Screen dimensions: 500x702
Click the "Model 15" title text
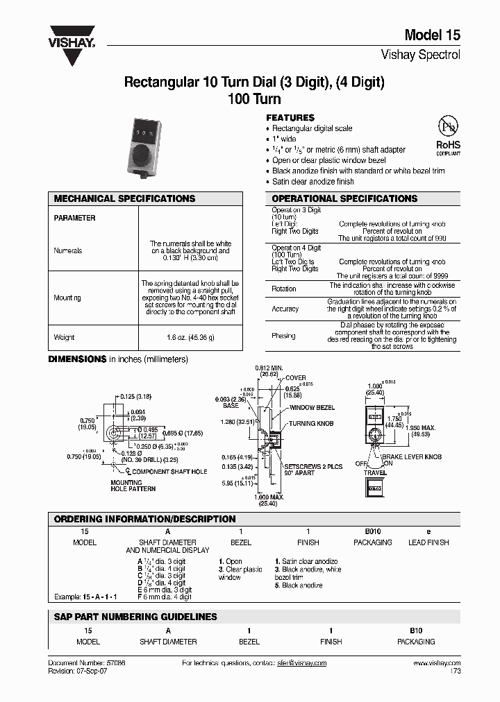tap(432, 36)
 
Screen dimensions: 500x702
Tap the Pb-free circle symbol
tap(448, 126)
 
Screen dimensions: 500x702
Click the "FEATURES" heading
tap(290, 118)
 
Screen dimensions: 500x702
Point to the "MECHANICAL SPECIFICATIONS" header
tap(125, 198)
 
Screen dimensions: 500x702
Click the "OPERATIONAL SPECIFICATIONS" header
tap(344, 198)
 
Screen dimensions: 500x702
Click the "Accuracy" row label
tap(285, 309)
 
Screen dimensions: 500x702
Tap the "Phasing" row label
tap(283, 336)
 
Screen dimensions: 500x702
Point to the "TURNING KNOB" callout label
tap(311, 423)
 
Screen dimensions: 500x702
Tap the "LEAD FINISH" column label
tap(428, 542)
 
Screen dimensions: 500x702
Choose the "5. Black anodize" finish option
tap(299, 585)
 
